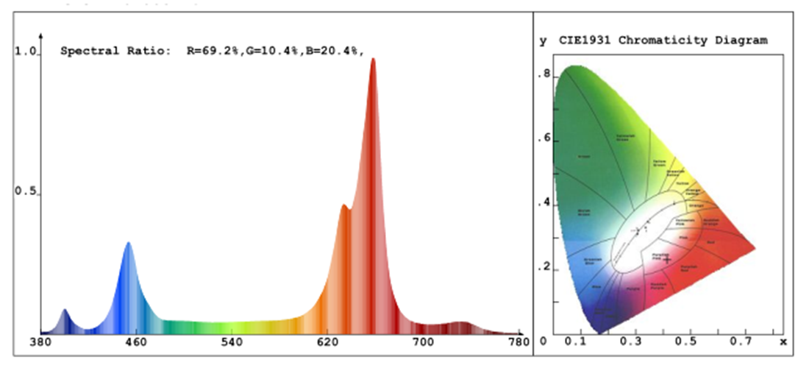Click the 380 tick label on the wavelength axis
(x=39, y=342)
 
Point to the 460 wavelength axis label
(x=135, y=342)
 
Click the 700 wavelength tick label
(x=424, y=342)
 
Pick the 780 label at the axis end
(x=519, y=342)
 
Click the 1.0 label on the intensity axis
(x=26, y=52)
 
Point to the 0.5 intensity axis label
(x=26, y=192)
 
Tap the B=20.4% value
(x=335, y=52)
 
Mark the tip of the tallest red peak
(x=373, y=60)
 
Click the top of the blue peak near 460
(x=128, y=244)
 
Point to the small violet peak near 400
(x=64, y=311)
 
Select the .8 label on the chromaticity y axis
(x=544, y=74)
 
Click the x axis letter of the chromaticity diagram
(x=783, y=342)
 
